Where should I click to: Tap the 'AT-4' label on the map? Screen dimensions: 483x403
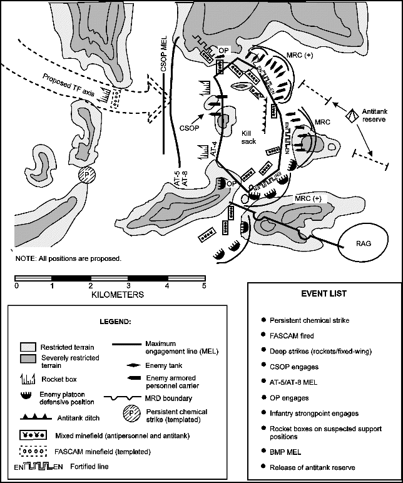[x=213, y=148]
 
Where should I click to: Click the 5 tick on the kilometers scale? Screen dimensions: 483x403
[x=204, y=286]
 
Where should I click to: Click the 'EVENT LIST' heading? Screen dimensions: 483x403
[x=324, y=293]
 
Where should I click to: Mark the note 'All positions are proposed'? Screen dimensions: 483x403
[x=68, y=258]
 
